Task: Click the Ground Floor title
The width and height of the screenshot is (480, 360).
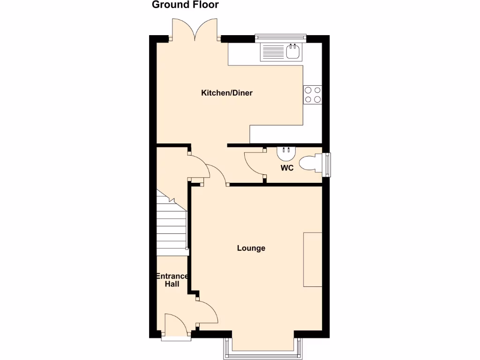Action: coord(185,5)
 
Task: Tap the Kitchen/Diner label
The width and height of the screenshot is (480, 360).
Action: coord(227,93)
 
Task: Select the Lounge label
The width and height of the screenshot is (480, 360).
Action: coord(251,248)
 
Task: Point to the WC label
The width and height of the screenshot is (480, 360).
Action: coord(287,168)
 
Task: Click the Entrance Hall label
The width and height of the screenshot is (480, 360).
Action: coord(172,280)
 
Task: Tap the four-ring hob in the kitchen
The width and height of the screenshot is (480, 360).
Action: coord(313,95)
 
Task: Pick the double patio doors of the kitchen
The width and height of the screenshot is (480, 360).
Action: coord(196,29)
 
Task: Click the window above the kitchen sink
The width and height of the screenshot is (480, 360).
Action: coord(280,37)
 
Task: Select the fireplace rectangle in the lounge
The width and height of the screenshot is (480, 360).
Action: coord(313,259)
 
